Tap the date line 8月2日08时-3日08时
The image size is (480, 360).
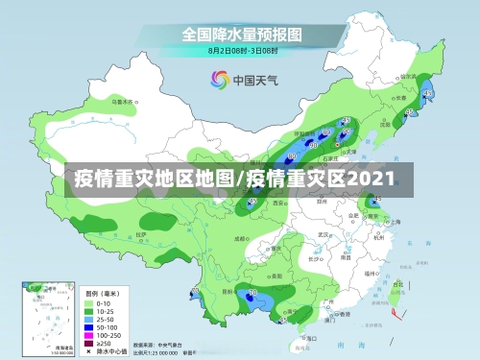tap(243, 49)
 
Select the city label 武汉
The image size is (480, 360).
tap(324, 233)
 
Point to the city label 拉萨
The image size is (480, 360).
tap(141, 233)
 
